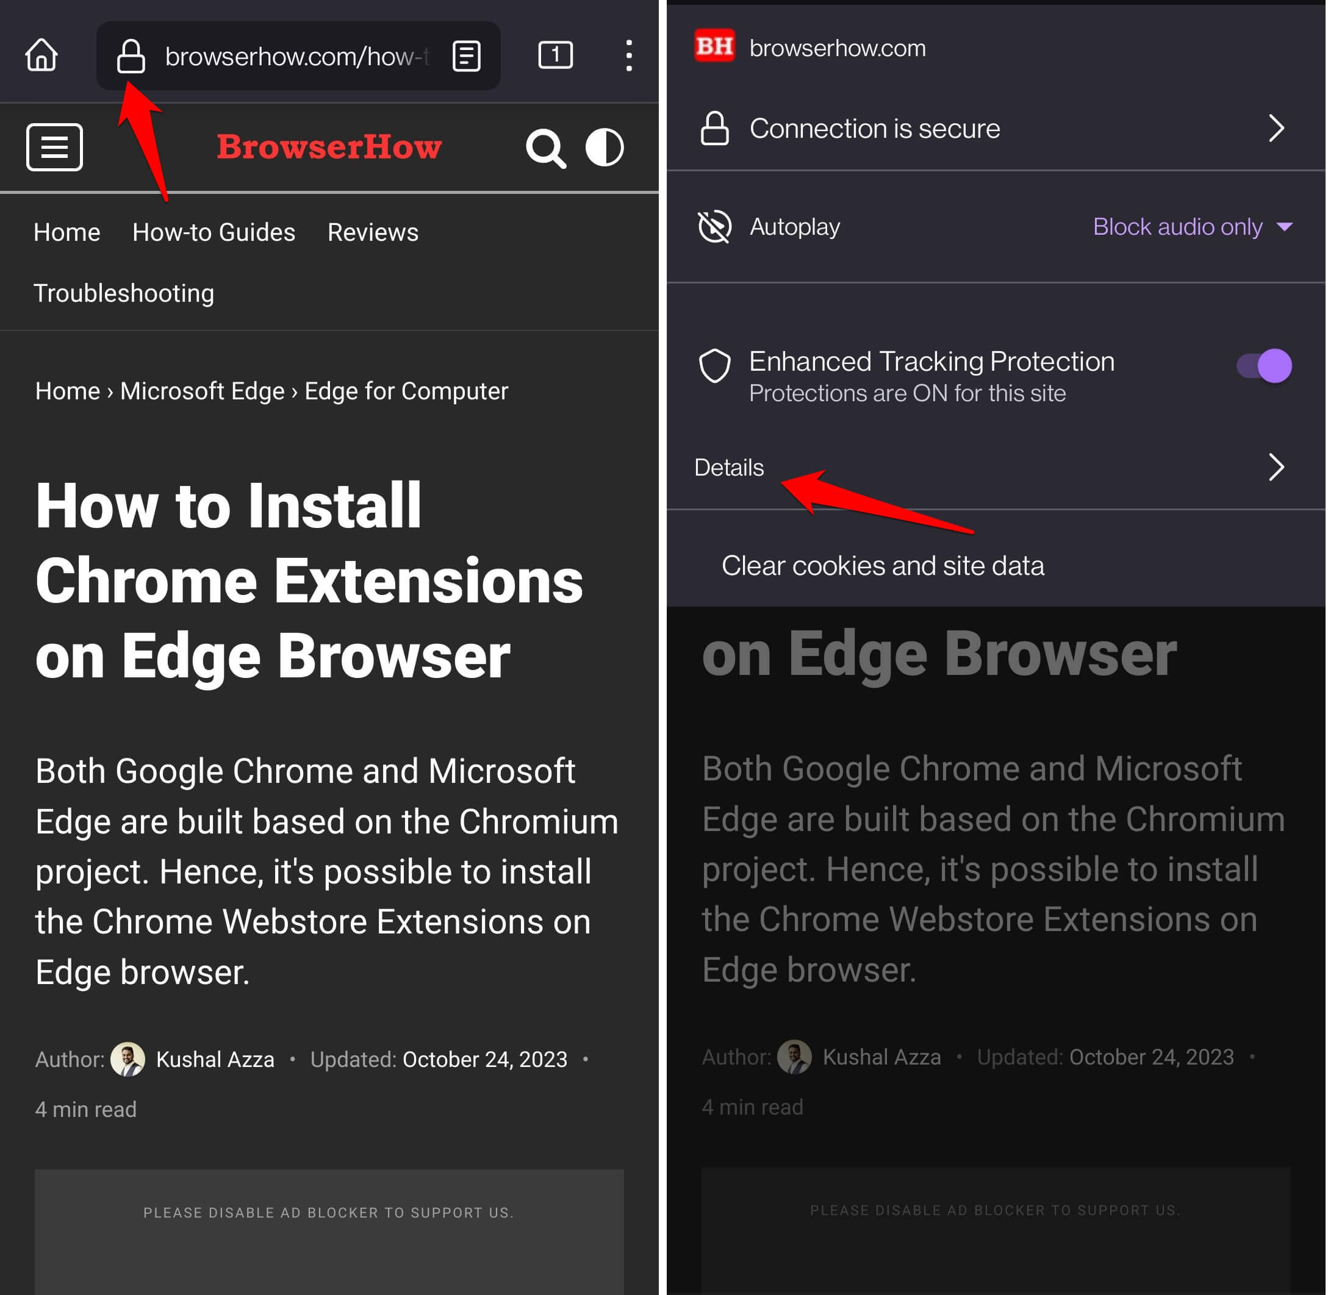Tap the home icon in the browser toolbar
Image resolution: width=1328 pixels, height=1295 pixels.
click(41, 55)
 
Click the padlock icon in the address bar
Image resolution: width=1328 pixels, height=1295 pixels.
click(131, 55)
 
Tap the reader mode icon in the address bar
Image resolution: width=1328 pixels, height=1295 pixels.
click(467, 55)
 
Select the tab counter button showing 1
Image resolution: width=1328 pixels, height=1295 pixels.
click(555, 55)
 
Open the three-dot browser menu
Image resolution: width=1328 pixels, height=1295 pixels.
click(629, 55)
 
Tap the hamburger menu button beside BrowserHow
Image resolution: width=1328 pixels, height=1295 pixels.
click(54, 147)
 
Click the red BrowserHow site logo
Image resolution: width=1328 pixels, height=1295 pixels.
click(329, 147)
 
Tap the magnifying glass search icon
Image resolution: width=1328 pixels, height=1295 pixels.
click(545, 148)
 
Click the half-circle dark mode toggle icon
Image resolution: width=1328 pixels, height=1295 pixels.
click(604, 147)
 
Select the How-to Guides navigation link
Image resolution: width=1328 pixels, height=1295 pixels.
click(214, 233)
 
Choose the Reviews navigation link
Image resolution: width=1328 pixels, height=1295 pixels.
click(373, 233)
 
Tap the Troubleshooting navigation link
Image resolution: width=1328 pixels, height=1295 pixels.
click(124, 293)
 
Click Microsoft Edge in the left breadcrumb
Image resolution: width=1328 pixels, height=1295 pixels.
click(202, 391)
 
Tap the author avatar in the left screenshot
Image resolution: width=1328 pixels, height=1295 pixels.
click(128, 1059)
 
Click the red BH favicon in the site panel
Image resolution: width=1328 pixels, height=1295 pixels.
click(714, 46)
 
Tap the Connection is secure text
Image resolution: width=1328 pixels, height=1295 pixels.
click(875, 129)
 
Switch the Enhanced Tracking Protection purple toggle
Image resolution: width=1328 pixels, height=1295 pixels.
click(1264, 366)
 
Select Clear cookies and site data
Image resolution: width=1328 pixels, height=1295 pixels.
click(883, 566)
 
